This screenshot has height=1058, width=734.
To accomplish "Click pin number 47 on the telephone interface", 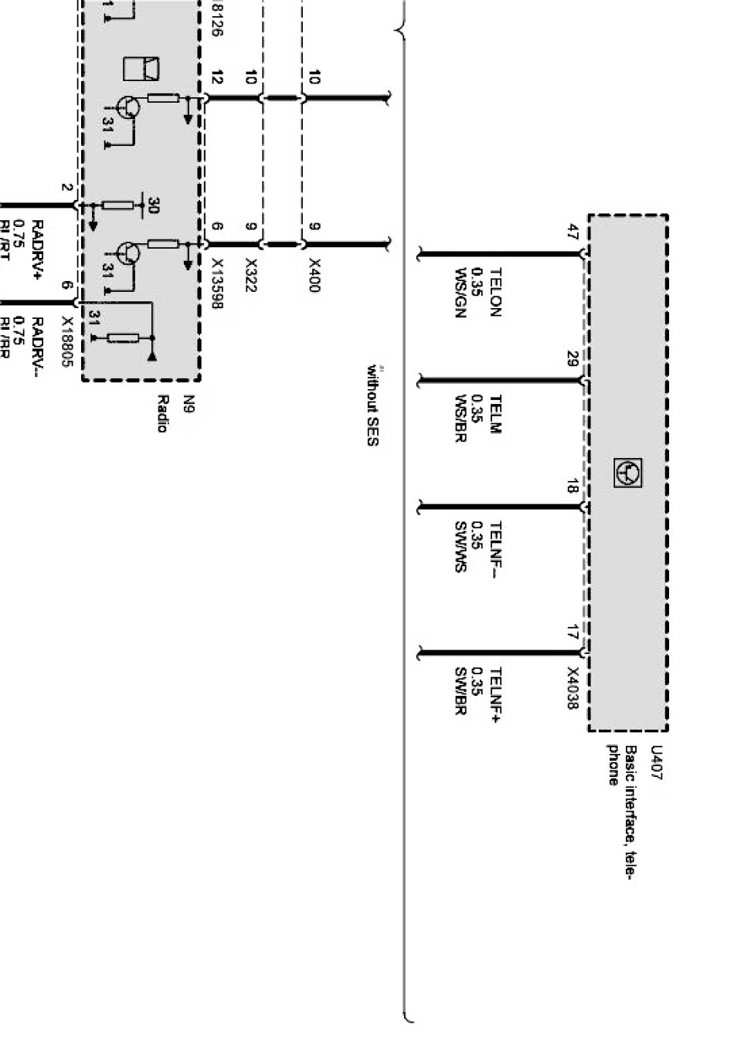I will click(573, 232).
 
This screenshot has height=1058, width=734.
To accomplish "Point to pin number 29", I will click(573, 359).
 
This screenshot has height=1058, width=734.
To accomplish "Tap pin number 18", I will click(573, 487).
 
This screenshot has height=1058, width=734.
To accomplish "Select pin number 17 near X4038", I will click(573, 632).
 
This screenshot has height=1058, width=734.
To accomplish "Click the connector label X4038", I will click(573, 688).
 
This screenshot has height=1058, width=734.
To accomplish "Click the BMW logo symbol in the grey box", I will click(627, 472).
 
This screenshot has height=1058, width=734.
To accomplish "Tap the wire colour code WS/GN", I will click(461, 292).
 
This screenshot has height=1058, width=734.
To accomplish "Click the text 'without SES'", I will click(373, 405).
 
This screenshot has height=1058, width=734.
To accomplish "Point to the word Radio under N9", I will click(162, 414).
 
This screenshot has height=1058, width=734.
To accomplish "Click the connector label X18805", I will click(67, 341).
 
